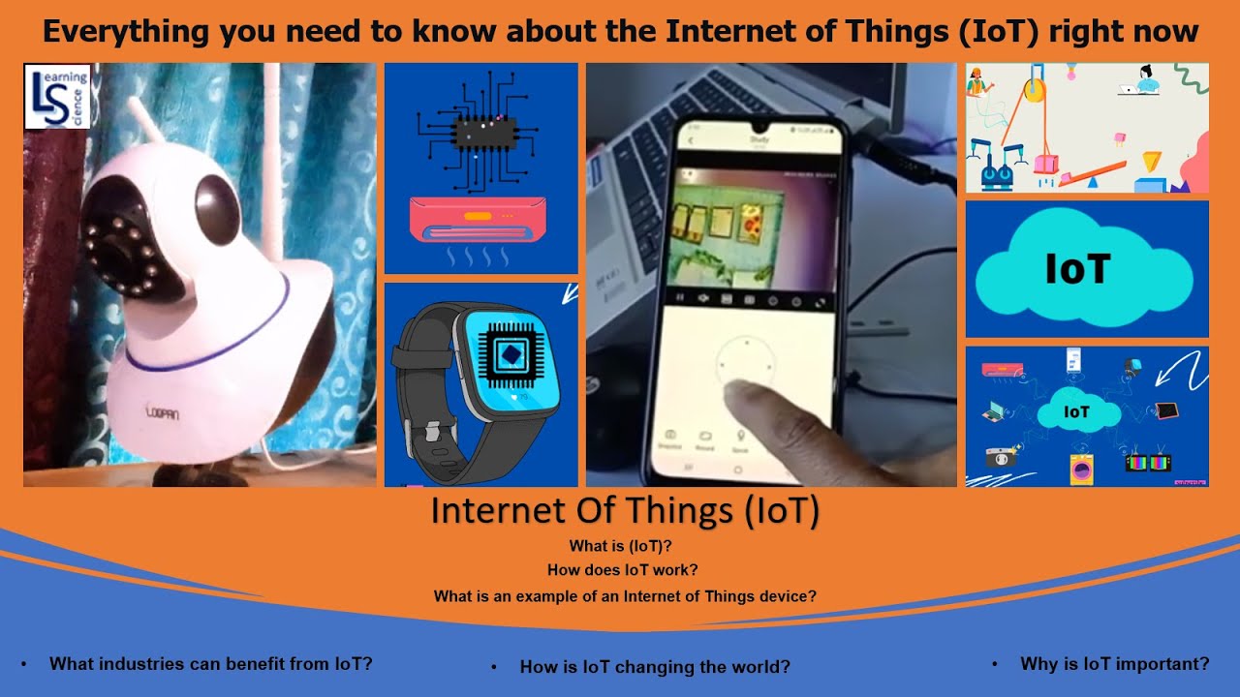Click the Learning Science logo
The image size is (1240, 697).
[x=57, y=97]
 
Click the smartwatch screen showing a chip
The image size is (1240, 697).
[x=508, y=358]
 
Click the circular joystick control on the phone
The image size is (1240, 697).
[x=746, y=365]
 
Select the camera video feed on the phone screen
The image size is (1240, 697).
[x=751, y=229]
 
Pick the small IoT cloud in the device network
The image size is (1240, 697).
[x=1077, y=412]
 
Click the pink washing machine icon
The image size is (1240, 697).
[x=1079, y=470]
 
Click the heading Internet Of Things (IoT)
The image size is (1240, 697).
[x=625, y=510]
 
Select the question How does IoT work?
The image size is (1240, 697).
[x=622, y=570]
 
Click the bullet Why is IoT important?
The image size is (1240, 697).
[x=1114, y=664]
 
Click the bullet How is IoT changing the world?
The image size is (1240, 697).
[x=655, y=667]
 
